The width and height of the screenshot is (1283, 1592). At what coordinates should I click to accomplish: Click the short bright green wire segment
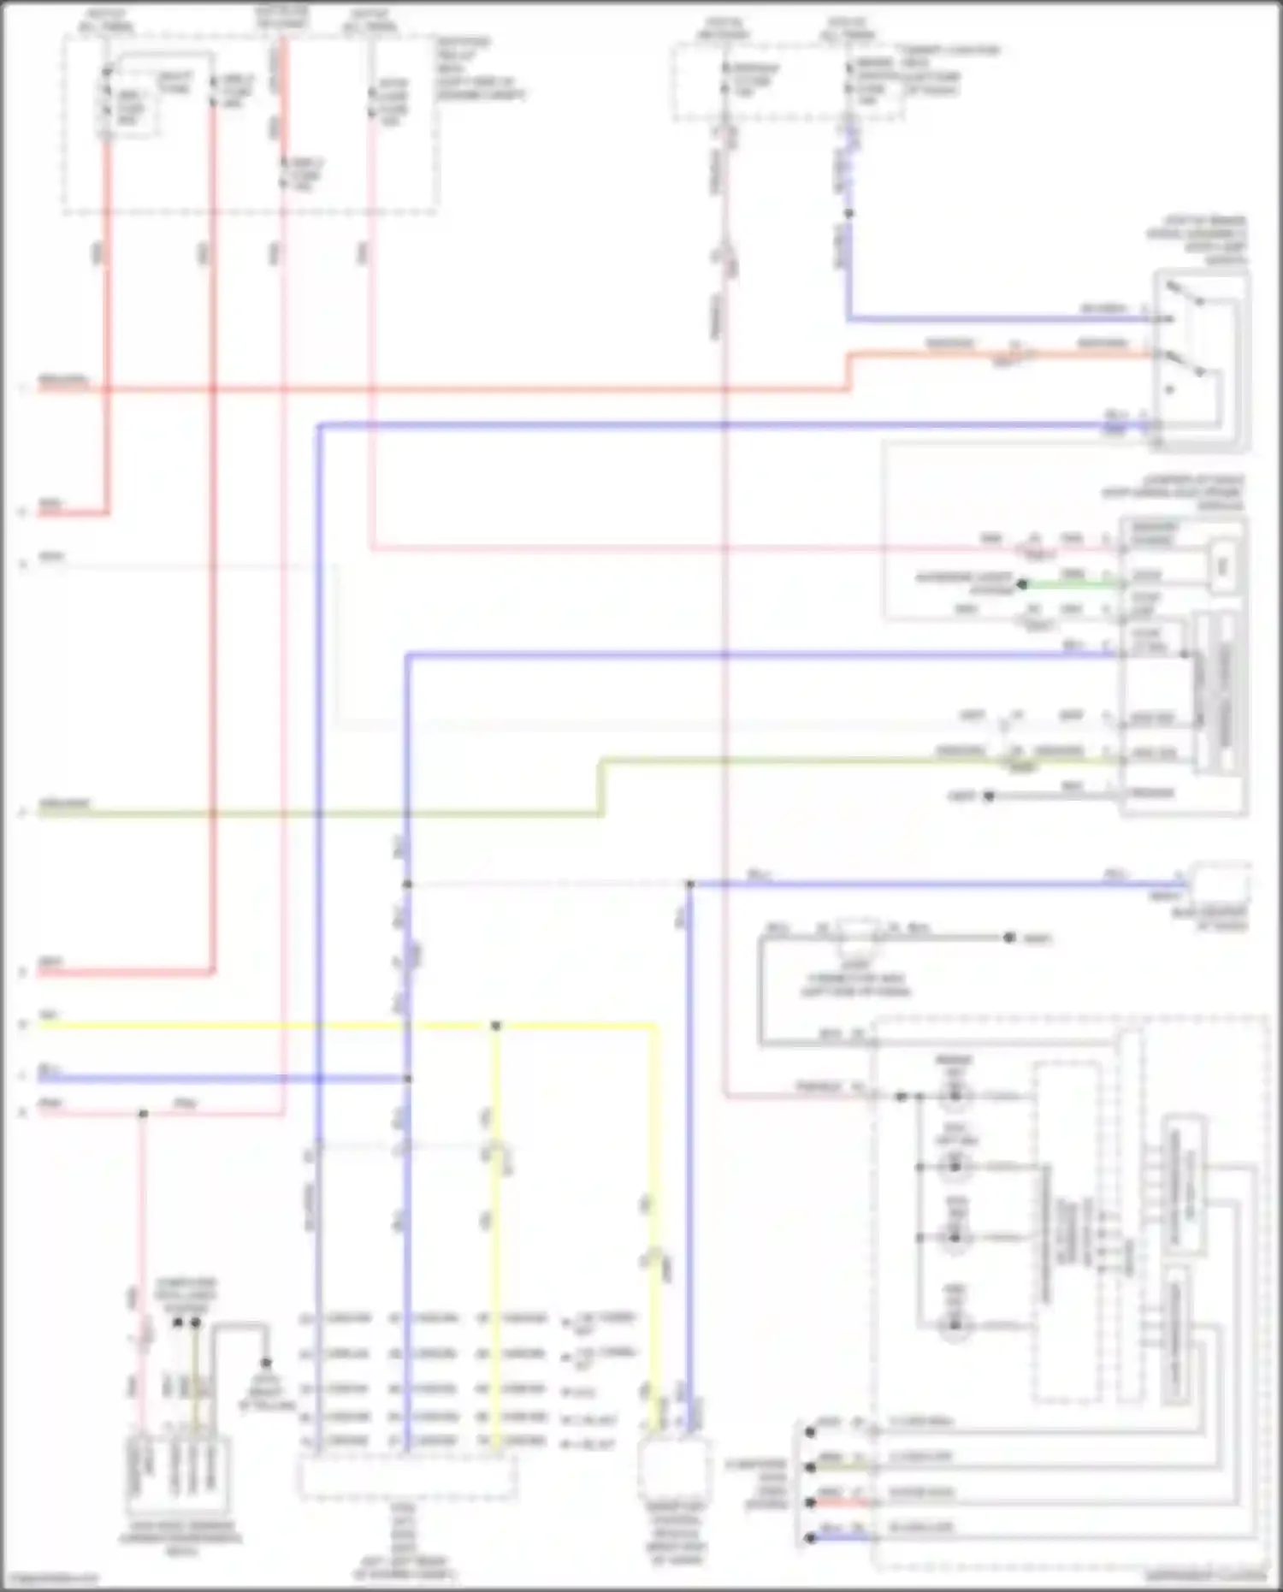(x=1069, y=585)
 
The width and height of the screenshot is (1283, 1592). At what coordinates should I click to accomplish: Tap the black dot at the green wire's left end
(x=1021, y=585)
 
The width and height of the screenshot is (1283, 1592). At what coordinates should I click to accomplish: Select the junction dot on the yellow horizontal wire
(x=496, y=1025)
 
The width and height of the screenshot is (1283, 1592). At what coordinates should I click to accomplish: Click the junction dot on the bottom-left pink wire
(x=144, y=1114)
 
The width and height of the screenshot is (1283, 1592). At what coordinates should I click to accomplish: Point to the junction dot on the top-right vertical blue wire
(x=848, y=213)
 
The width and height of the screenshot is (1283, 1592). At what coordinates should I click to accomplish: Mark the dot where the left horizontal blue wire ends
(x=407, y=1079)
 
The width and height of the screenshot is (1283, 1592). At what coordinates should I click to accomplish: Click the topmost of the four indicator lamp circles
(x=955, y=1096)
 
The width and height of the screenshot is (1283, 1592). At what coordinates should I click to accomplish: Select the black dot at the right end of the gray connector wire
(x=1009, y=938)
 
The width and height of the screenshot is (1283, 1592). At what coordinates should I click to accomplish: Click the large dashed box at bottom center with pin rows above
(x=407, y=1478)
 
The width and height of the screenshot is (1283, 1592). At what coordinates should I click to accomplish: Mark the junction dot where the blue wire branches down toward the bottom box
(x=689, y=884)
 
